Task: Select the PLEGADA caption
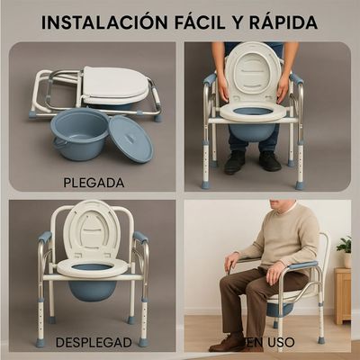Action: click(x=93, y=182)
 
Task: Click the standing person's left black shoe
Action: click(x=234, y=161)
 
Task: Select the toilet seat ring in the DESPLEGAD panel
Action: click(x=92, y=267)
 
